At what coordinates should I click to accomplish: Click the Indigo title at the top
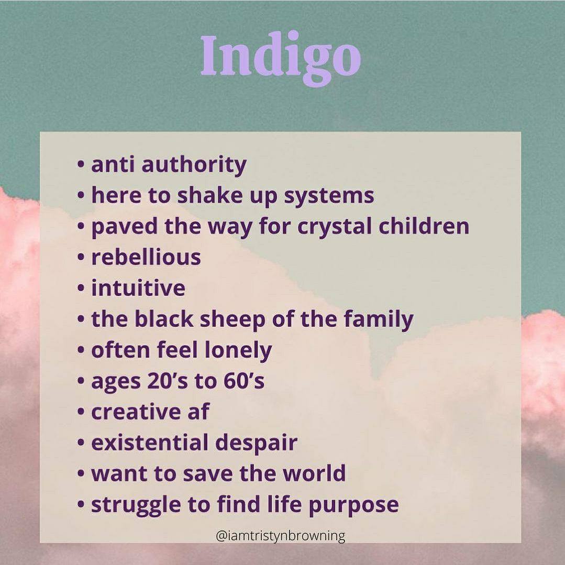[x=280, y=58]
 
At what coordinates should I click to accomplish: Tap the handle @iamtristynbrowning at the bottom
[x=280, y=536]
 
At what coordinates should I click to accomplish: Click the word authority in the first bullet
[x=194, y=165]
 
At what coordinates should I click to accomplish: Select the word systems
[x=329, y=196]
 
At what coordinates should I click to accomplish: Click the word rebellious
[x=146, y=257]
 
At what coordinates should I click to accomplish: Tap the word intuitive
[x=138, y=288]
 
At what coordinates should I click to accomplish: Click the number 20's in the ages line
[x=168, y=381]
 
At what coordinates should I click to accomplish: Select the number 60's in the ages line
[x=244, y=381]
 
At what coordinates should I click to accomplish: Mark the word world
[x=314, y=473]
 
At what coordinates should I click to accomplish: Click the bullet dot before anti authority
[x=81, y=165]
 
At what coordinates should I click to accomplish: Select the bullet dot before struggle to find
[x=81, y=505]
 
